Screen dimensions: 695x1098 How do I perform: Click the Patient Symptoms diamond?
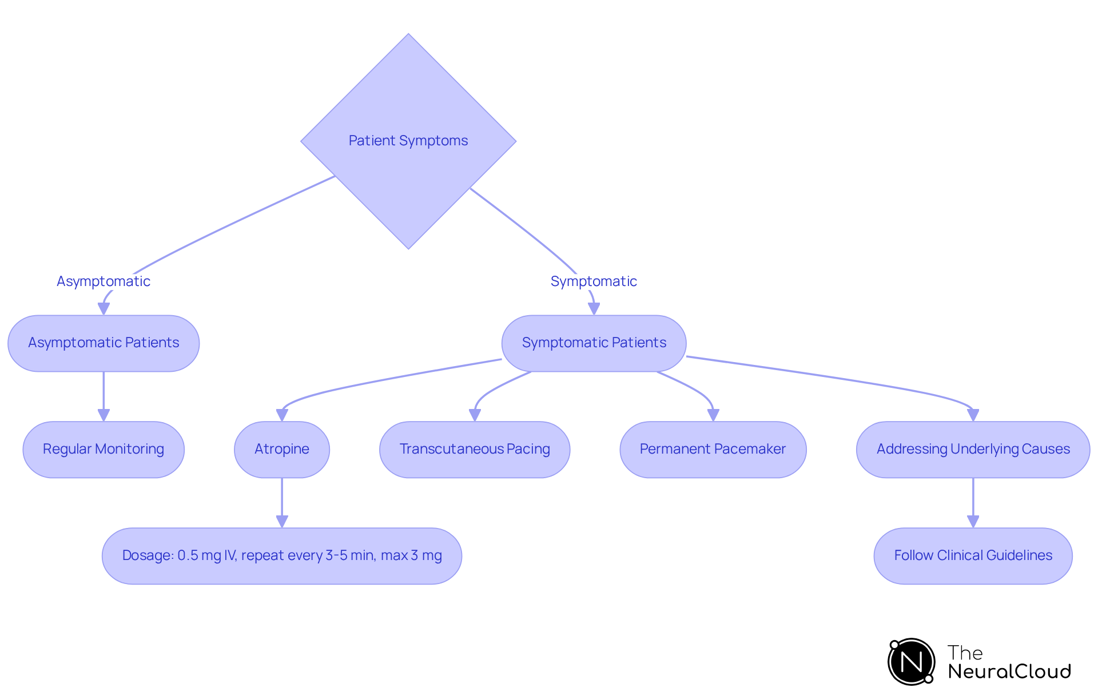click(x=408, y=141)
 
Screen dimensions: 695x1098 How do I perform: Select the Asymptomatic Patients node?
click(x=104, y=343)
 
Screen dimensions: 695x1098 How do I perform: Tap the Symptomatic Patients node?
click(x=594, y=343)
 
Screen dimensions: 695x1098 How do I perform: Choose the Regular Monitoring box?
click(x=104, y=449)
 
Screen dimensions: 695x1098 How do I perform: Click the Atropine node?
click(x=282, y=449)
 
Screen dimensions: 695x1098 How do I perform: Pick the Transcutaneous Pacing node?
click(x=475, y=449)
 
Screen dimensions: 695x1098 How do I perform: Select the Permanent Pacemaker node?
click(x=713, y=449)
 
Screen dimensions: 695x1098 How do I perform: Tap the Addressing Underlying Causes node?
click(x=973, y=449)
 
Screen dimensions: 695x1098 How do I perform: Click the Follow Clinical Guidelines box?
click(x=973, y=555)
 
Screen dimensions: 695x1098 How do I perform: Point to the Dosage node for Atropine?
click(x=282, y=555)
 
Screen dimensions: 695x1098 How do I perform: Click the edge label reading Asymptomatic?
click(x=104, y=281)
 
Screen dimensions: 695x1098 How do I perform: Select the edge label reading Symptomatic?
click(x=594, y=281)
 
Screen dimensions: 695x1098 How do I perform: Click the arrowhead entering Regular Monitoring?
click(x=104, y=415)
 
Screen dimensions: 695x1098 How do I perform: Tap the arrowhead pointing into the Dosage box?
click(x=282, y=521)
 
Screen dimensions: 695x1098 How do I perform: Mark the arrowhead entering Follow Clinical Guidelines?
click(x=973, y=521)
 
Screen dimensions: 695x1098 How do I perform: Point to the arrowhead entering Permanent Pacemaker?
click(x=713, y=415)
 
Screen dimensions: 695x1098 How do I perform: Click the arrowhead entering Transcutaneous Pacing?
click(x=475, y=415)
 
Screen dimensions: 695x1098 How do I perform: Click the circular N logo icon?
click(x=911, y=662)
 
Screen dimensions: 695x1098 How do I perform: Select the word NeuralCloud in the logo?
click(x=1009, y=672)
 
